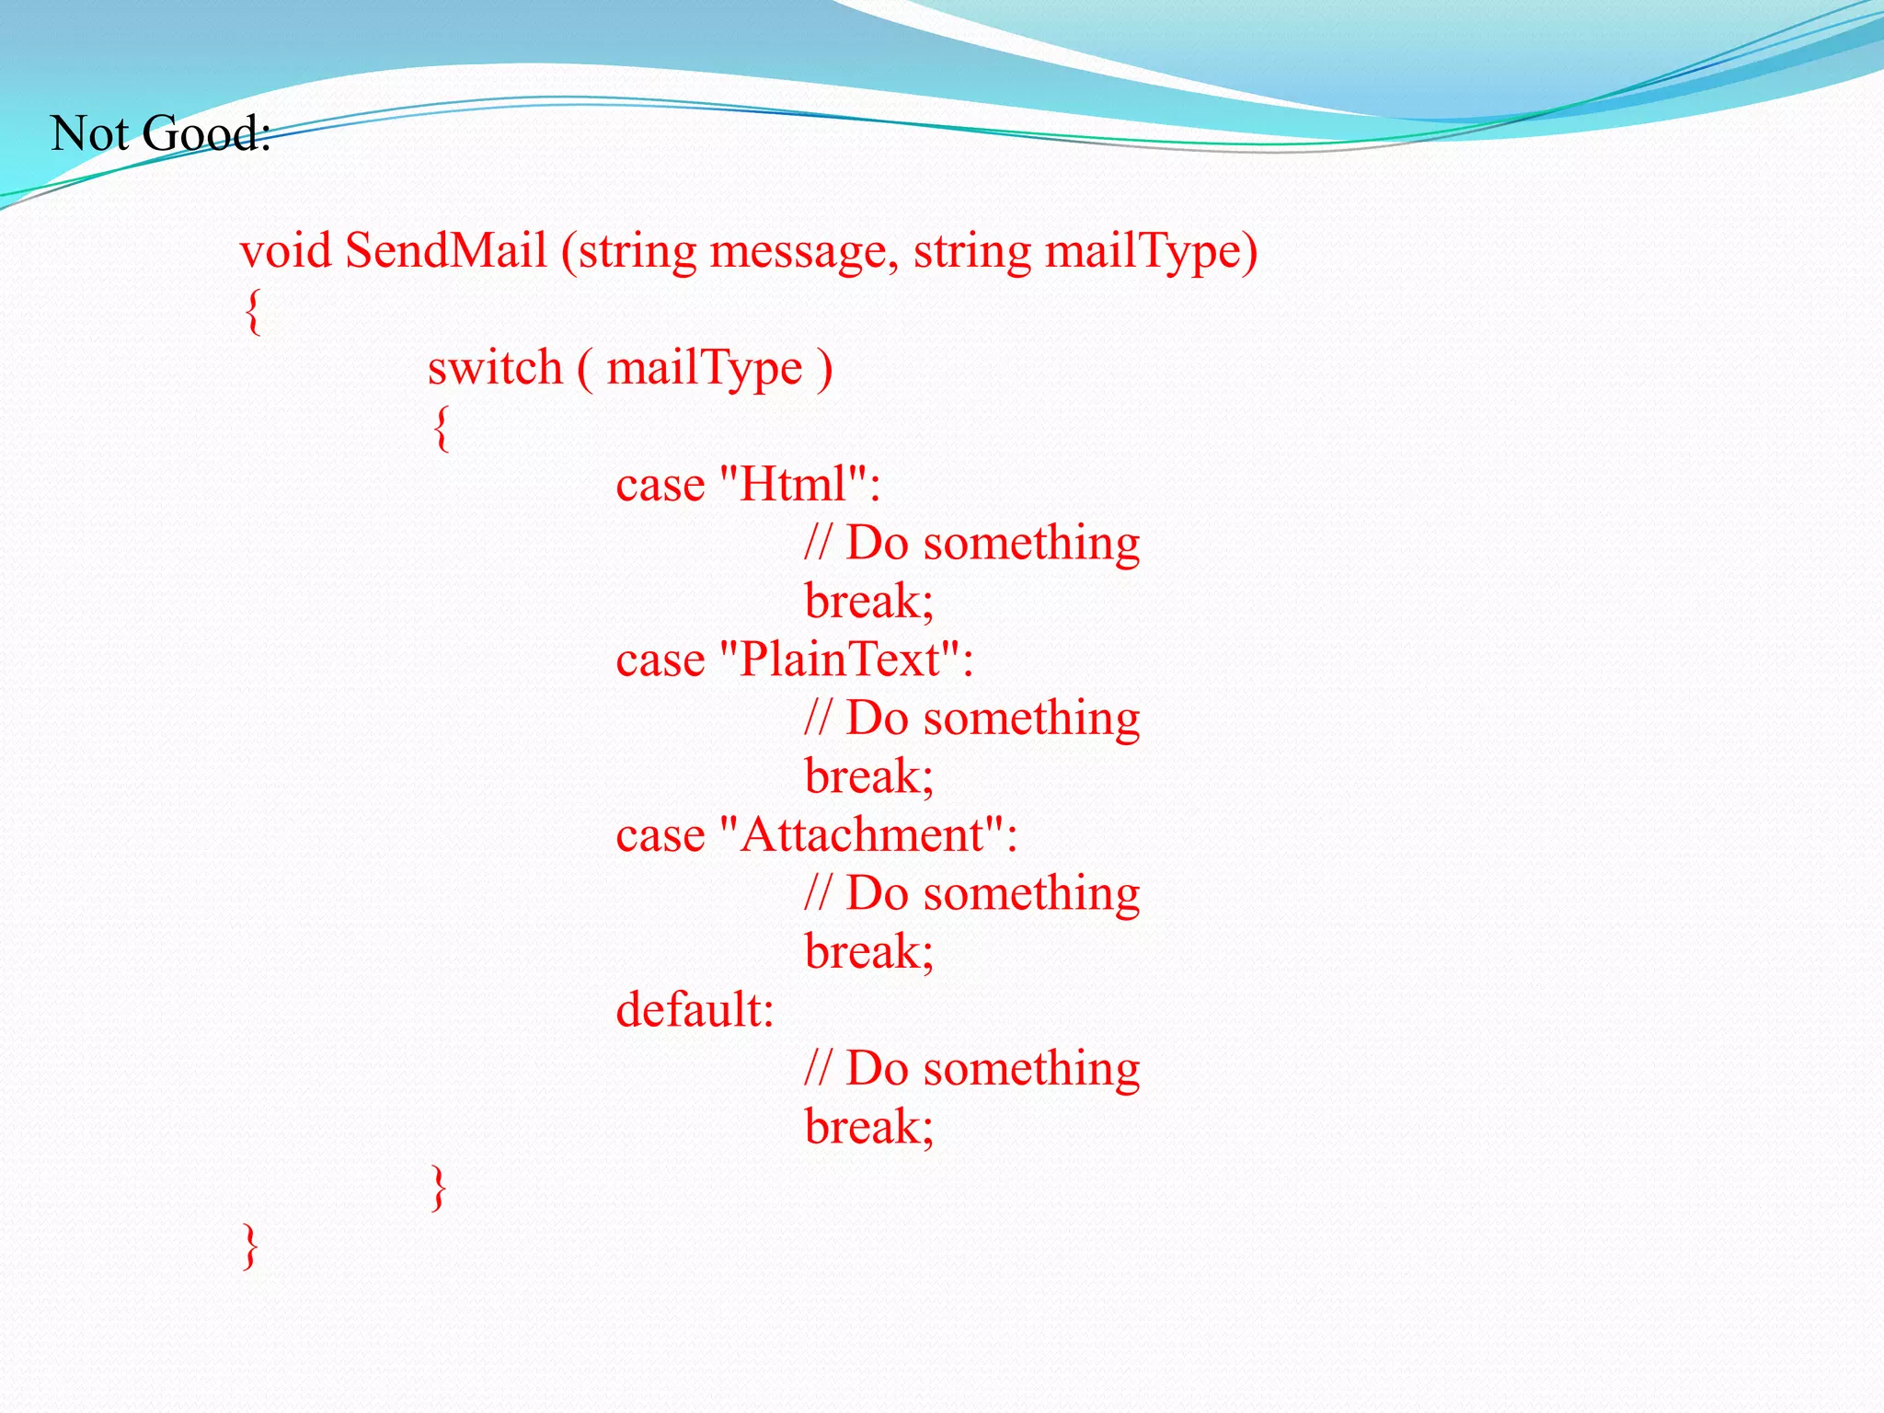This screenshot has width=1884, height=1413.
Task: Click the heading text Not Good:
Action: pyautogui.click(x=160, y=134)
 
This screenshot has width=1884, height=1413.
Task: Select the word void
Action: pyautogui.click(x=284, y=251)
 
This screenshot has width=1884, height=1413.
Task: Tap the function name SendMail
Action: pyautogui.click(x=446, y=251)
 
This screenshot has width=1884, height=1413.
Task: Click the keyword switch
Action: pyautogui.click(x=495, y=368)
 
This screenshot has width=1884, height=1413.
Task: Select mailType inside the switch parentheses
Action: pyautogui.click(x=705, y=370)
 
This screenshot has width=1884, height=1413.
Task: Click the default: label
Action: pyautogui.click(x=695, y=1010)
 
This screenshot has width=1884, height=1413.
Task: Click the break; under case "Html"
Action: pyautogui.click(x=868, y=602)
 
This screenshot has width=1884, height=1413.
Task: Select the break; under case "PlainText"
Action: pyautogui.click(x=868, y=776)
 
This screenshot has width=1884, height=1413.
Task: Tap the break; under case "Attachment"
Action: pyautogui.click(x=868, y=952)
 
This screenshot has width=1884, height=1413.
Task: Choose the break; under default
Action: pyautogui.click(x=868, y=1127)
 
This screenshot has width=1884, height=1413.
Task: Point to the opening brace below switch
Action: pyautogui.click(x=442, y=428)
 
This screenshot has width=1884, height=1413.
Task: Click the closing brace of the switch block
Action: pyautogui.click(x=439, y=1188)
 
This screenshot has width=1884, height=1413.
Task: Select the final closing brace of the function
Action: pyautogui.click(x=250, y=1246)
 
